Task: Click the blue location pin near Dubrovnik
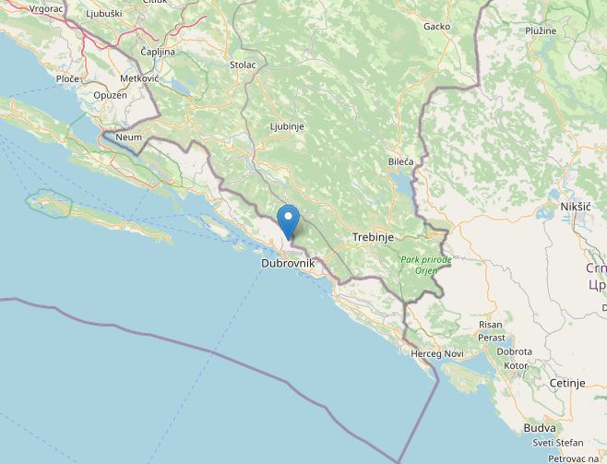pyautogui.click(x=289, y=221)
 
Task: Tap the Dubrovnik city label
pyautogui.click(x=289, y=263)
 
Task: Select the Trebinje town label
pyautogui.click(x=373, y=237)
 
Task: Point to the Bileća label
pyautogui.click(x=400, y=161)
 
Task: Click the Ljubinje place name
pyautogui.click(x=287, y=125)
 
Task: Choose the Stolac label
pyautogui.click(x=243, y=65)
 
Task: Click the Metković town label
pyautogui.click(x=139, y=78)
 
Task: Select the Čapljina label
pyautogui.click(x=158, y=52)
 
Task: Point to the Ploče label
pyautogui.click(x=68, y=78)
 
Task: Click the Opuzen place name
pyautogui.click(x=110, y=95)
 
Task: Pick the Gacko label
pyautogui.click(x=436, y=26)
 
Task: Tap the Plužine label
pyautogui.click(x=541, y=30)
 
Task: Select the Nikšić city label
pyautogui.click(x=575, y=207)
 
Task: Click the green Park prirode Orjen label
pyautogui.click(x=426, y=265)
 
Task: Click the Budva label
pyautogui.click(x=539, y=428)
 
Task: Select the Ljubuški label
pyautogui.click(x=103, y=14)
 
